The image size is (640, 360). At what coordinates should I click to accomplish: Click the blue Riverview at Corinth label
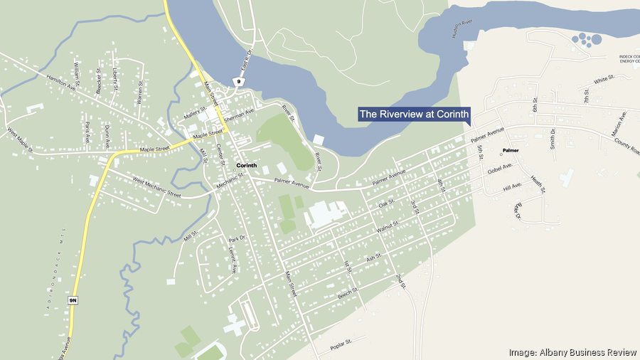pyautogui.click(x=415, y=114)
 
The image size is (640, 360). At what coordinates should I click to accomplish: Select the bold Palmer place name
pyautogui.click(x=511, y=151)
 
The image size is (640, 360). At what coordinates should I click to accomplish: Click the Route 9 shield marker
pyautogui.click(x=240, y=82)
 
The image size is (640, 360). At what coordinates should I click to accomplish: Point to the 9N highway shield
pyautogui.click(x=73, y=300)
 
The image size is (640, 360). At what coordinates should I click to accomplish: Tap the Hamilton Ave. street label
pyautogui.click(x=61, y=83)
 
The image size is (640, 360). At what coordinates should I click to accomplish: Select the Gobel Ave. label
pyautogui.click(x=500, y=170)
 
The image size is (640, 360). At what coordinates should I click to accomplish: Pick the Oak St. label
pyautogui.click(x=386, y=204)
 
